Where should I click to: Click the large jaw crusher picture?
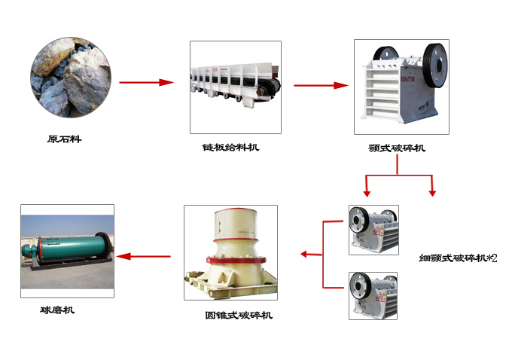coord(401,87)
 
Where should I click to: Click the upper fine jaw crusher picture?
coord(373,229)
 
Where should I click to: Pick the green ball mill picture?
coord(67,250)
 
